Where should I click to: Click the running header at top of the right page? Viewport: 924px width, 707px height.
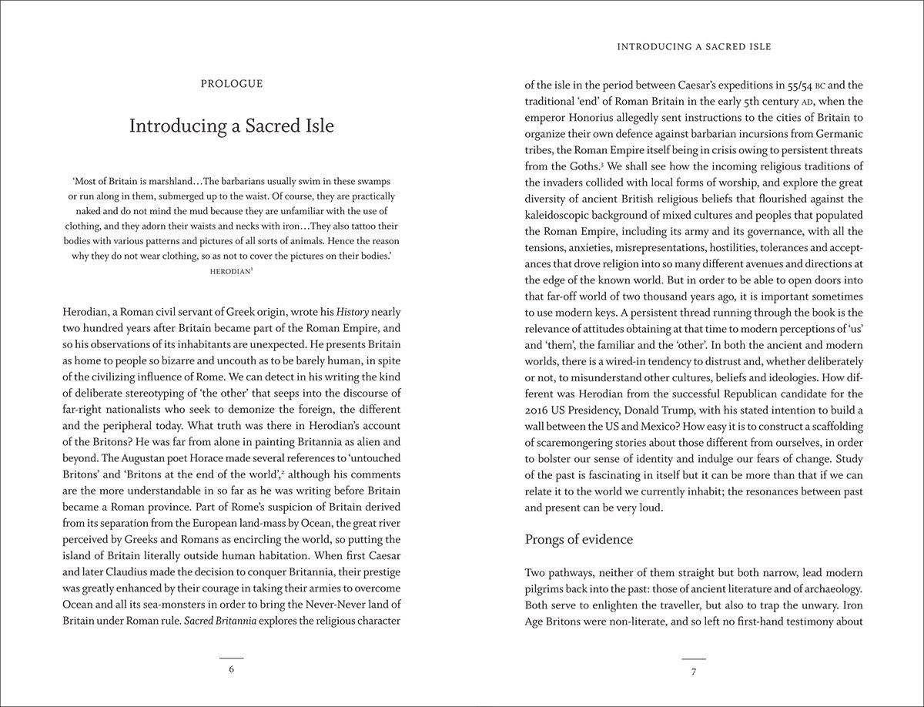[x=693, y=47]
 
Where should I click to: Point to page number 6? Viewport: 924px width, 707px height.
[x=231, y=669]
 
